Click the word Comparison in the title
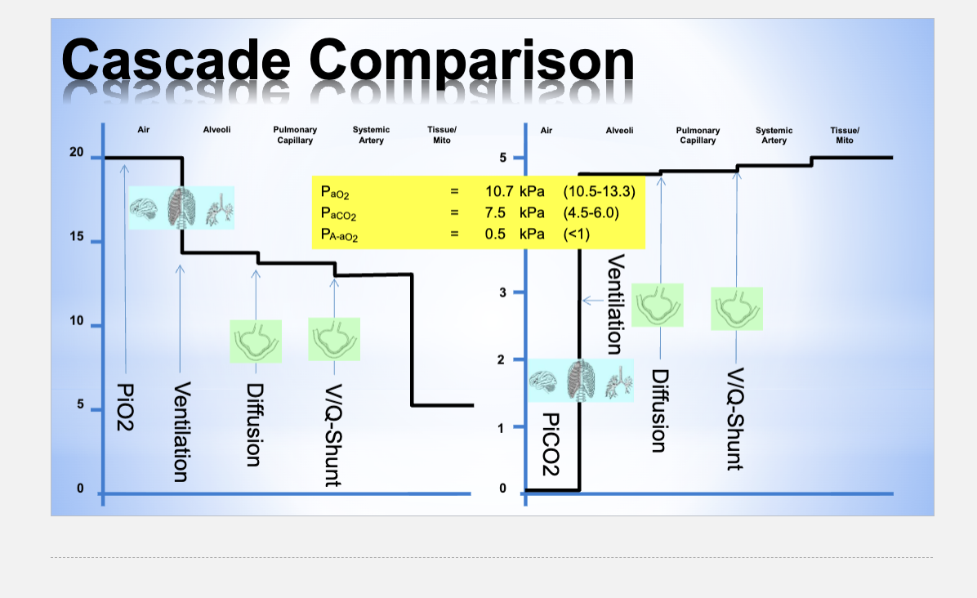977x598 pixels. pyautogui.click(x=472, y=61)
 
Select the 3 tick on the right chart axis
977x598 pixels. pyautogui.click(x=503, y=292)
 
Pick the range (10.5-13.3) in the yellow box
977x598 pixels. pyautogui.click(x=599, y=192)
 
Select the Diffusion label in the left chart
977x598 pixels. pyautogui.click(x=254, y=425)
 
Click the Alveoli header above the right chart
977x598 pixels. pyautogui.click(x=619, y=130)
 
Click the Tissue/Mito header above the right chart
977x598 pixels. pyautogui.click(x=845, y=135)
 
